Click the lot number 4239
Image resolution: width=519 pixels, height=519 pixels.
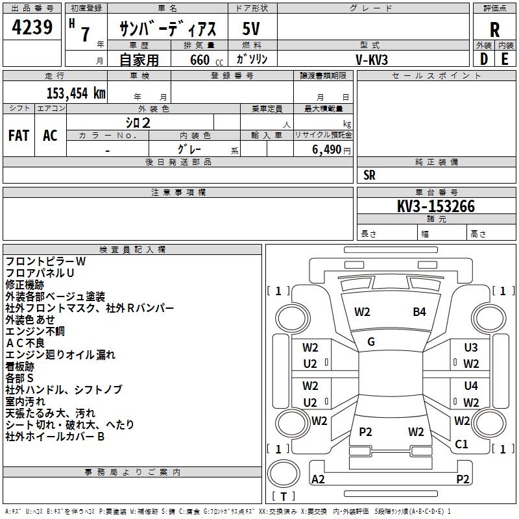pyautogui.click(x=32, y=29)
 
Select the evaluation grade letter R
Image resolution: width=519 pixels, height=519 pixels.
pyautogui.click(x=494, y=30)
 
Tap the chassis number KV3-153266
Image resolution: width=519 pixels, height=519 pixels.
pyautogui.click(x=436, y=207)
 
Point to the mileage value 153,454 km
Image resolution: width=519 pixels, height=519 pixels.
pyautogui.click(x=76, y=93)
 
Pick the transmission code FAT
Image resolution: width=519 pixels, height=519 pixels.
pyautogui.click(x=19, y=136)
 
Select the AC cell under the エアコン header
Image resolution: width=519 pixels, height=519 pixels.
pyautogui.click(x=50, y=136)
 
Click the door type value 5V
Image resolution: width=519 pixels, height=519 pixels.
pyautogui.click(x=252, y=29)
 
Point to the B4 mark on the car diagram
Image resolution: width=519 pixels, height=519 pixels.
pyautogui.click(x=420, y=312)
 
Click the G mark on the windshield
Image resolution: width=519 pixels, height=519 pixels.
pyautogui.click(x=371, y=341)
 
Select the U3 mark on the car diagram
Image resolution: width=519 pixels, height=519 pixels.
pyautogui.click(x=471, y=348)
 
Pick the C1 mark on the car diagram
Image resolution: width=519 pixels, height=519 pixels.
pyautogui.click(x=462, y=444)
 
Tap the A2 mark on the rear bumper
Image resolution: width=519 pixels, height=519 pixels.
pyautogui.click(x=319, y=479)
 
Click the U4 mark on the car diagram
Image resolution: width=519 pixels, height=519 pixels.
pyautogui.click(x=471, y=386)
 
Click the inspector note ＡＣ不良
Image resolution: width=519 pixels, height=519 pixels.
pyautogui.click(x=26, y=343)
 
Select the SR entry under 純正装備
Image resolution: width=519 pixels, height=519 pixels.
pyautogui.click(x=370, y=175)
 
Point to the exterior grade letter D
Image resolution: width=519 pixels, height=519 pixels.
pyautogui.click(x=483, y=59)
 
